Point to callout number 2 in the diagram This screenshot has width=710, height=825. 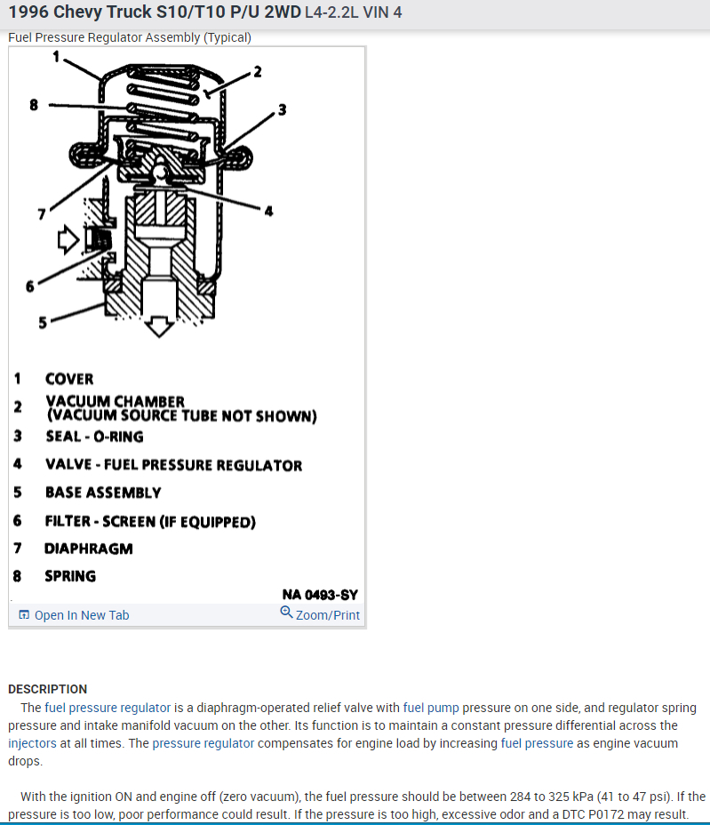tap(258, 72)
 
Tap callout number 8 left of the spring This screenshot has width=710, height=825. tap(34, 104)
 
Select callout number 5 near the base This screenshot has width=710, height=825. tap(42, 322)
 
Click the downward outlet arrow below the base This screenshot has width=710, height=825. tap(160, 326)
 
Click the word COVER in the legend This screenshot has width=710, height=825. tap(69, 379)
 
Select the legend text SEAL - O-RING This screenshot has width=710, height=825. tap(94, 437)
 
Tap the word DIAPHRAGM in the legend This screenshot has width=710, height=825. tap(88, 549)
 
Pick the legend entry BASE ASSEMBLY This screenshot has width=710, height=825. tap(103, 493)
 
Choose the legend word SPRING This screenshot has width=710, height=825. tap(70, 576)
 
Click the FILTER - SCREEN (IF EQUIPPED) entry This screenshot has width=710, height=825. tap(150, 521)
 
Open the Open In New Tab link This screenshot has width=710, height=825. tap(81, 615)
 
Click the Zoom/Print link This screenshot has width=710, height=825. tap(327, 615)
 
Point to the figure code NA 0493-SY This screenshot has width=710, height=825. tap(320, 594)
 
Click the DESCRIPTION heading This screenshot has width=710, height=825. tap(47, 689)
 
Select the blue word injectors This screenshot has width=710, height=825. tap(32, 743)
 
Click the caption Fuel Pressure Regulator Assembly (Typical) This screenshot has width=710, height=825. tap(129, 37)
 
